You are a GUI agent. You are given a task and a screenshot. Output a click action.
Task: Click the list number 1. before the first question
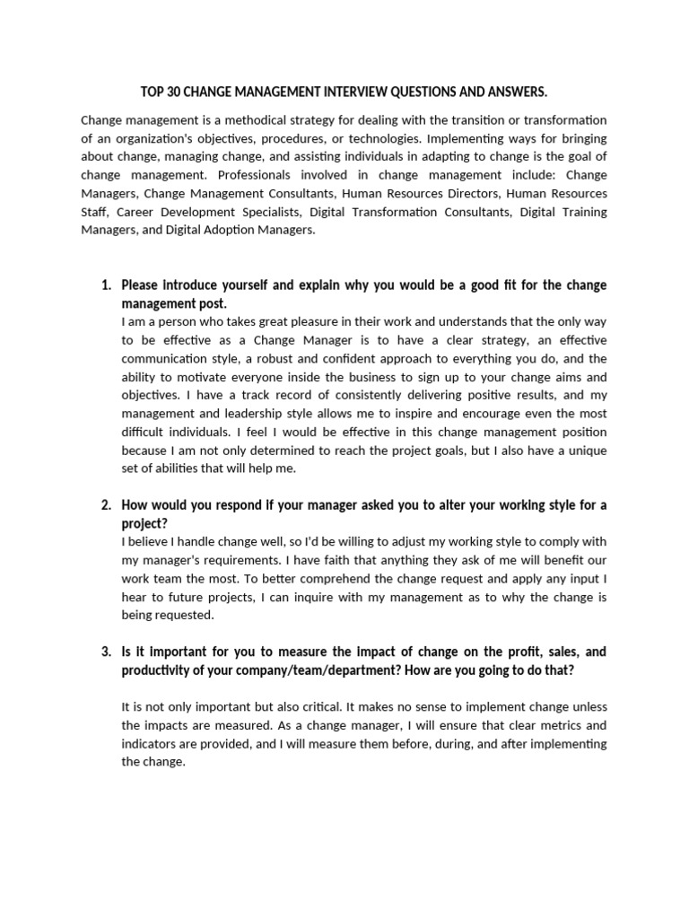pyautogui.click(x=106, y=285)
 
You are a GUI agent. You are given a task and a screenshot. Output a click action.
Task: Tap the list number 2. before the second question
pyautogui.click(x=106, y=505)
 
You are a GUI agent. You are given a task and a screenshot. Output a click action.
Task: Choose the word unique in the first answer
pyautogui.click(x=587, y=450)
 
